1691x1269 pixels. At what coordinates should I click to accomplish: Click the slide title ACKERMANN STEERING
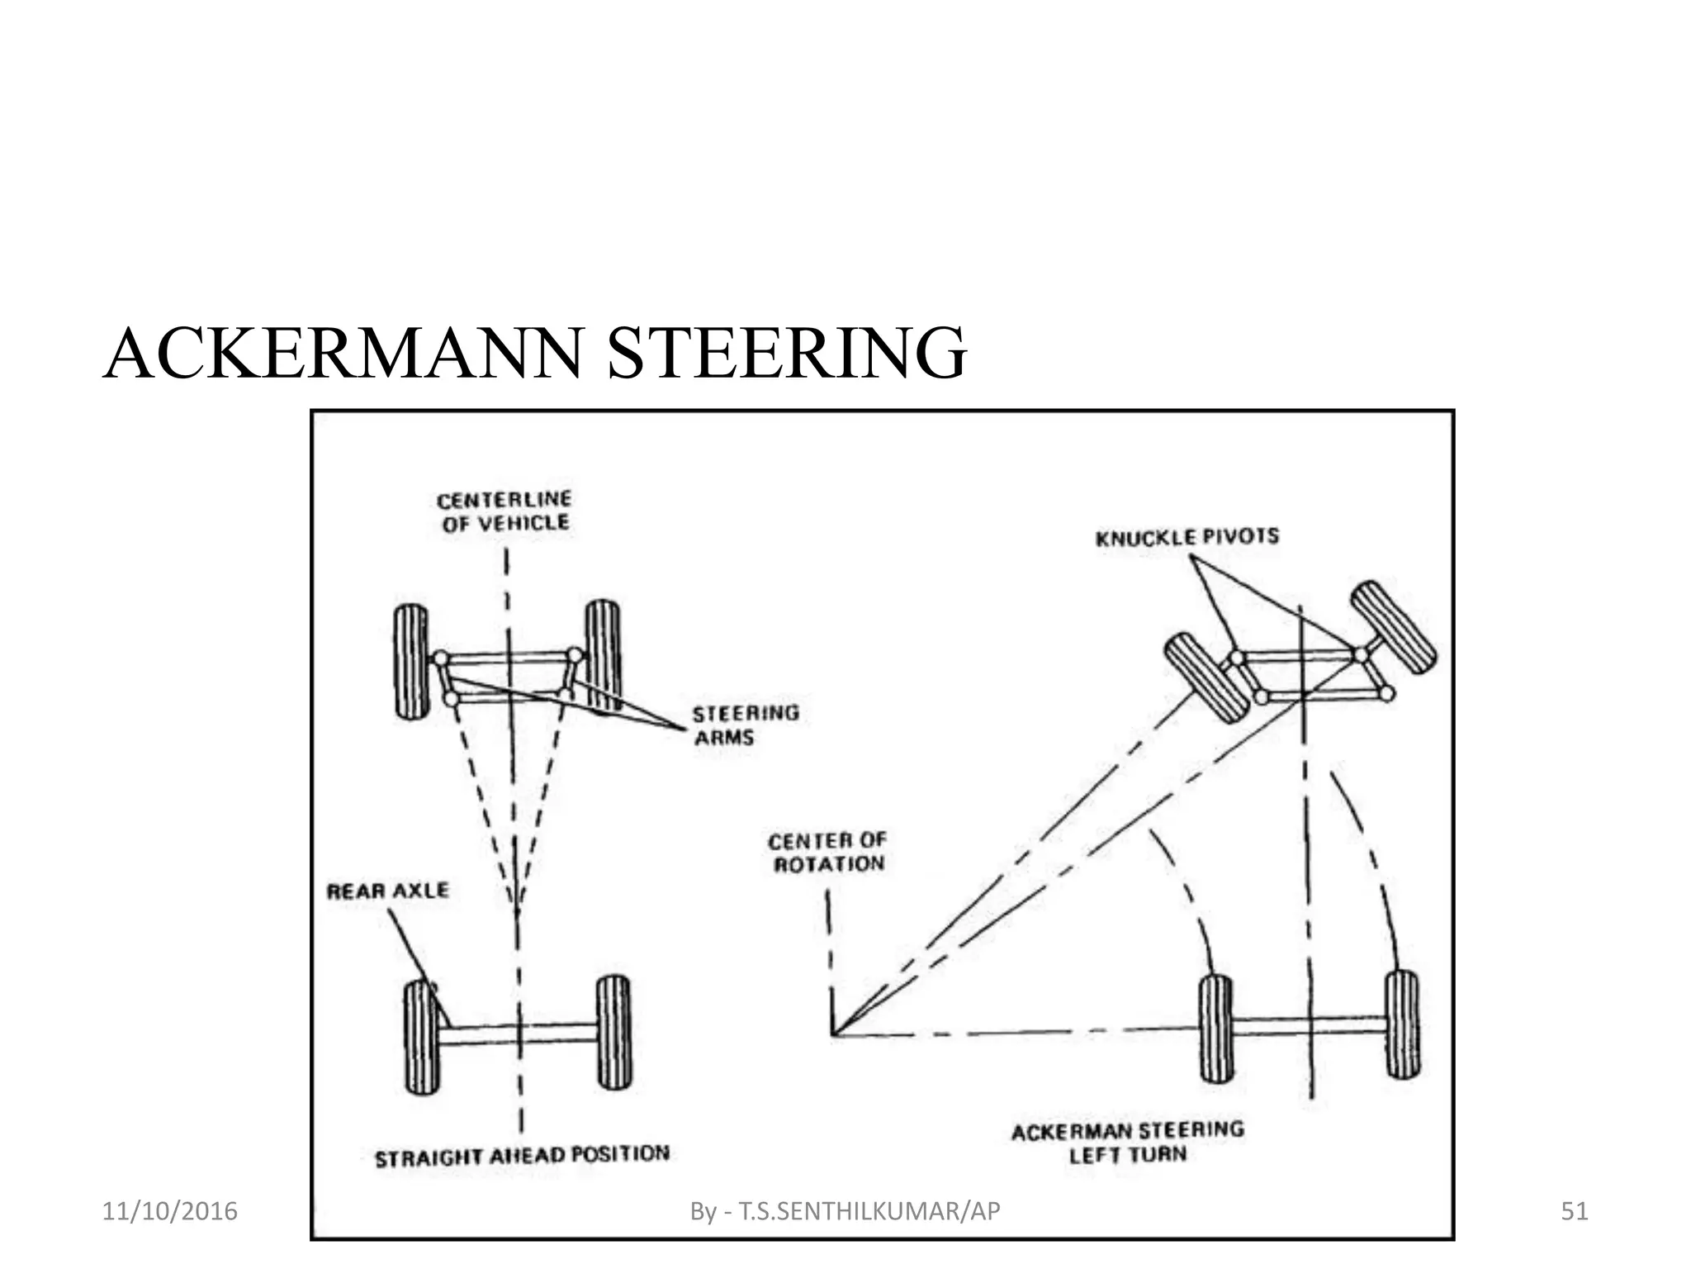(x=535, y=354)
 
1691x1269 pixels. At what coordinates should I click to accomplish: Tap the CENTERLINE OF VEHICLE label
(x=504, y=511)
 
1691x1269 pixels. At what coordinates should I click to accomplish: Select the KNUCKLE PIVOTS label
(x=1187, y=538)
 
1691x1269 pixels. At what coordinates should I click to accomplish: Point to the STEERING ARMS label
(x=746, y=725)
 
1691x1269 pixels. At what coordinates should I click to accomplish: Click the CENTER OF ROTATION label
(x=827, y=853)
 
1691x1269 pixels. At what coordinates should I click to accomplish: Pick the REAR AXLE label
(x=388, y=891)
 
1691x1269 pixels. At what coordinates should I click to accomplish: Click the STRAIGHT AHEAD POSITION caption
(x=522, y=1156)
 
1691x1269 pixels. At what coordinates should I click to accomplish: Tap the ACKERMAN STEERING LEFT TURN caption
(x=1128, y=1142)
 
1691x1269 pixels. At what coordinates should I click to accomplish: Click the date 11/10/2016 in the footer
(x=169, y=1211)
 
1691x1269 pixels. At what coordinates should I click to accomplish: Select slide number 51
(x=1575, y=1211)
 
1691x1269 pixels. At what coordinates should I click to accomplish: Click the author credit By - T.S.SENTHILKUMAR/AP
(x=845, y=1211)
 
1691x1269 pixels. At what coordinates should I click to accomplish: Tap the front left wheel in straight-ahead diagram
(x=411, y=661)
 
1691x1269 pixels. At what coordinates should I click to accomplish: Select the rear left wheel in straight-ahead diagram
(x=422, y=1037)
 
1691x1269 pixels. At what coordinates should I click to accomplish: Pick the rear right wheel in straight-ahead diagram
(x=613, y=1033)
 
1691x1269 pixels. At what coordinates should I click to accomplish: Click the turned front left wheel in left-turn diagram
(x=1206, y=677)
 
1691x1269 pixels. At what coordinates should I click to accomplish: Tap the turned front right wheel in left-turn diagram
(x=1393, y=627)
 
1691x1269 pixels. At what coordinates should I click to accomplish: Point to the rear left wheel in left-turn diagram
(x=1215, y=1029)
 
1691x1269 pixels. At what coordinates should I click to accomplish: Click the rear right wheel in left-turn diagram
(x=1402, y=1024)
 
